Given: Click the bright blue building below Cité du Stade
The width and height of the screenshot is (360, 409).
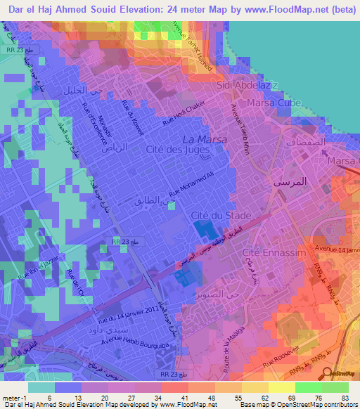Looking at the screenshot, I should tap(202, 229).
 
